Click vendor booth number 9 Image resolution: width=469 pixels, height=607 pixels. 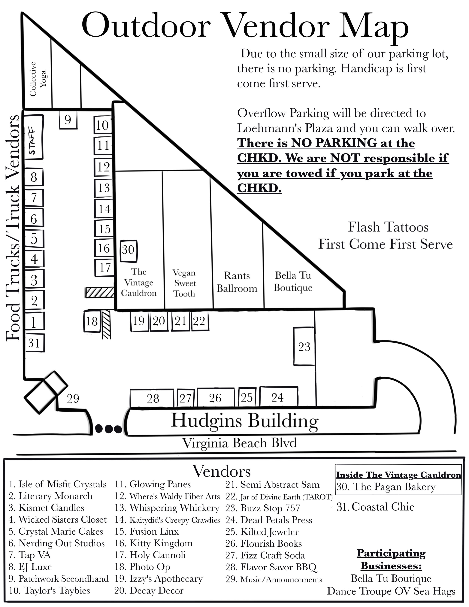68,120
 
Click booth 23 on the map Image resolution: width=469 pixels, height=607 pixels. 304,346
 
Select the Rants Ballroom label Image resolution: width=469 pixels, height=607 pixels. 237,282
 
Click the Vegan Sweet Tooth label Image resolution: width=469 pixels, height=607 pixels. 184,283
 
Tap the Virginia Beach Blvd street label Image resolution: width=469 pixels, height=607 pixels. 240,443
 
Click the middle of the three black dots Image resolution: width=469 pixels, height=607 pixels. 109,429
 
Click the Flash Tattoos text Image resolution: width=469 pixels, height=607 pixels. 388,227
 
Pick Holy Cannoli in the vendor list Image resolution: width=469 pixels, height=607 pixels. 150,555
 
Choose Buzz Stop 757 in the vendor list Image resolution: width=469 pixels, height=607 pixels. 263,508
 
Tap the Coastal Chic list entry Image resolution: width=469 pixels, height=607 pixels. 375,507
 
